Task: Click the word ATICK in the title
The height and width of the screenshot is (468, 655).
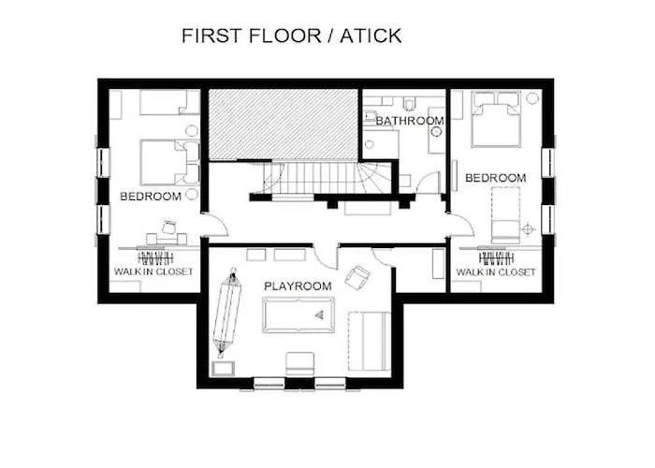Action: coord(371,36)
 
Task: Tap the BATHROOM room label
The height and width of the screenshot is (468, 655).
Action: coord(410,121)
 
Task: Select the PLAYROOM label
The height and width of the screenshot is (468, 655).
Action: coord(298,286)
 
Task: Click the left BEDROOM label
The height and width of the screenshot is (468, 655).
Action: coord(151,197)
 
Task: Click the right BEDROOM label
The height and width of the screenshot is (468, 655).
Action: coord(495,178)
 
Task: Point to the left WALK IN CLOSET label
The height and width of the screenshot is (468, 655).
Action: coord(153,271)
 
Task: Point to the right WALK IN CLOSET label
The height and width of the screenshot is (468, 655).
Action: coord(495,272)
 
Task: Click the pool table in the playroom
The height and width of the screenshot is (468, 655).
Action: coord(298,315)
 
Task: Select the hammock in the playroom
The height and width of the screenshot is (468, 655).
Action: coord(226,313)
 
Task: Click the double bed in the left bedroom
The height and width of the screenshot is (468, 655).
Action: coord(169,163)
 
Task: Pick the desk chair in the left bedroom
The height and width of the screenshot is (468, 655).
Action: coord(169,227)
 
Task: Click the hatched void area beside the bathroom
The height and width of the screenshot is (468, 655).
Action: coord(284,124)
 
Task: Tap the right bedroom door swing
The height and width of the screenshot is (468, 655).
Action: coord(461,226)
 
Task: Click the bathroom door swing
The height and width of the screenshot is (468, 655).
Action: coord(429,182)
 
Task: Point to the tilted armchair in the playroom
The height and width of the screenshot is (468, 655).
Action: coord(357,276)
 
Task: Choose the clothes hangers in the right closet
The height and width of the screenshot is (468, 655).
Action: coord(495,257)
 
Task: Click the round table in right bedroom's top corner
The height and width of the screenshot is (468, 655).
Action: coord(532,98)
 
